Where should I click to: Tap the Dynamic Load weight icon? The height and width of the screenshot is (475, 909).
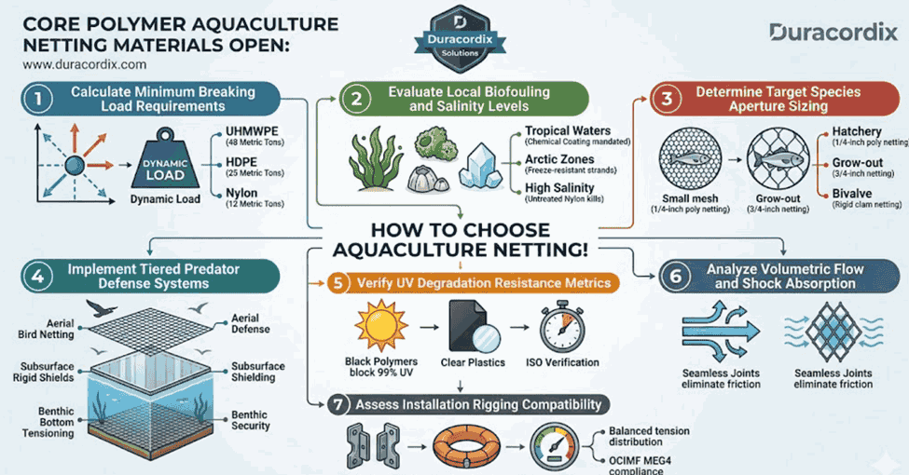click(x=170, y=169)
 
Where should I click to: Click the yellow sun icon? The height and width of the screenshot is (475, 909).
click(x=376, y=329)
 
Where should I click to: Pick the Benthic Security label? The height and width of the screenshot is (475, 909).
click(x=250, y=420)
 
